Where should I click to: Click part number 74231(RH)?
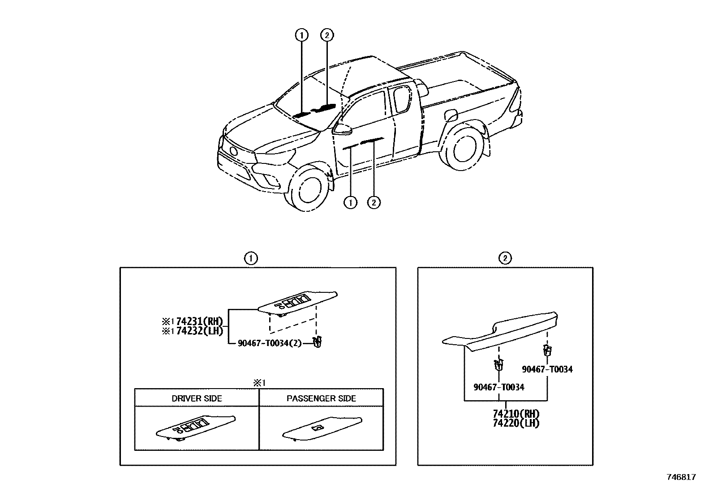[x=199, y=321]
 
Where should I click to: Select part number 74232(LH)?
[x=199, y=331]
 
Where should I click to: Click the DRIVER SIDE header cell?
[x=197, y=398]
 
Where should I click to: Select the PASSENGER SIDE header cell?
[x=321, y=398]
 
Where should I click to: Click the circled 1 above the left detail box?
[x=251, y=258]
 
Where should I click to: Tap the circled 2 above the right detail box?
[x=505, y=258]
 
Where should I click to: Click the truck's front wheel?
[x=308, y=187]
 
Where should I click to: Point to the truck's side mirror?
[x=342, y=129]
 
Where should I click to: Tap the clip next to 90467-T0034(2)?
[x=318, y=342]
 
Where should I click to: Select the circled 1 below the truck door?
[x=350, y=202]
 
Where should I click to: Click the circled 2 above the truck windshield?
[x=327, y=34]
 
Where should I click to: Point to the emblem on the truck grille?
[x=233, y=151]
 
